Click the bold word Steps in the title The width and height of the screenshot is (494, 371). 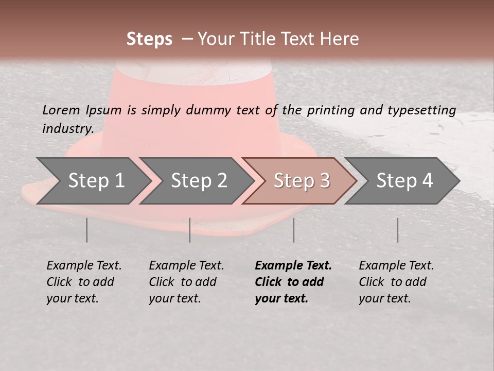[x=149, y=39]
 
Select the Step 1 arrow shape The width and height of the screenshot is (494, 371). [x=96, y=180]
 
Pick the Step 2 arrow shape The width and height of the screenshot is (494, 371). [x=199, y=180]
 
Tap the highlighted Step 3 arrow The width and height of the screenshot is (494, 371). [x=301, y=180]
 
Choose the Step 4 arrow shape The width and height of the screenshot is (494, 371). [x=404, y=180]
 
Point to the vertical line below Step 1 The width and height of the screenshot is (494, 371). [x=86, y=230]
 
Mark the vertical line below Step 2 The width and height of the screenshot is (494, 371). [x=190, y=230]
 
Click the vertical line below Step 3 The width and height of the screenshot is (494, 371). [x=293, y=230]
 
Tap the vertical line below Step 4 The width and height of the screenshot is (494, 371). [x=397, y=230]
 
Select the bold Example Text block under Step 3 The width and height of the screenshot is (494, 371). [x=293, y=282]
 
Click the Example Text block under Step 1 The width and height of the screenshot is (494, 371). [x=84, y=282]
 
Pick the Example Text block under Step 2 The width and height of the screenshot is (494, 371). [x=186, y=282]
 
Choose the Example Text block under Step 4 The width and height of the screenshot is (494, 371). [x=396, y=282]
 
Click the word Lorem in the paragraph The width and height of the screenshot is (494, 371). [x=61, y=110]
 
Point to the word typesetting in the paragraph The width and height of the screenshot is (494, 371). [x=421, y=110]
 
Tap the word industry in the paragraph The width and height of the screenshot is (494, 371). [x=67, y=128]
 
